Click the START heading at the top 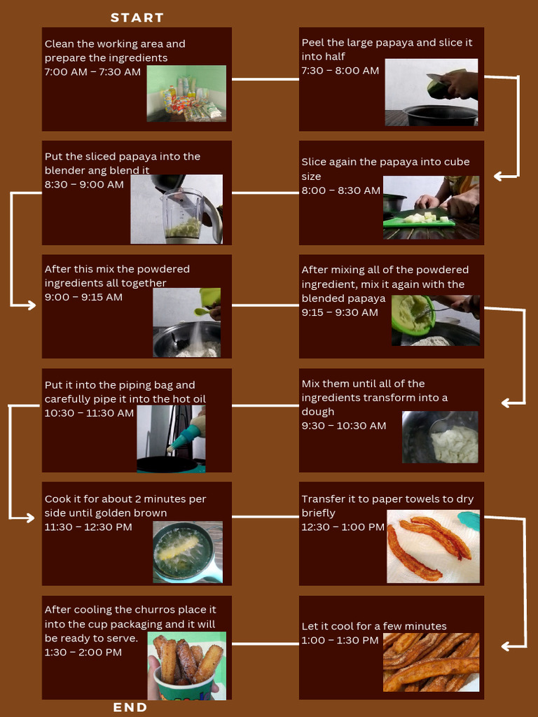(x=137, y=18)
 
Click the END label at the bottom (x=130, y=707)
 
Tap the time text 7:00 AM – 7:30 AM (x=92, y=72)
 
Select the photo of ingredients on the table (x=186, y=93)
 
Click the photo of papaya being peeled (x=431, y=92)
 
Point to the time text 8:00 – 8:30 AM (x=341, y=190)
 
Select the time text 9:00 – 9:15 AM (x=83, y=297)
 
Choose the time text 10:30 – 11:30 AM (x=89, y=413)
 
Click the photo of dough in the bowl (x=440, y=437)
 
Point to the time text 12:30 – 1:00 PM (x=343, y=527)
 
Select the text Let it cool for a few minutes (x=374, y=626)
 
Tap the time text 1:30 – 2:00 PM (x=83, y=652)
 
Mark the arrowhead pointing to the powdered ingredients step (x=29, y=305)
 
